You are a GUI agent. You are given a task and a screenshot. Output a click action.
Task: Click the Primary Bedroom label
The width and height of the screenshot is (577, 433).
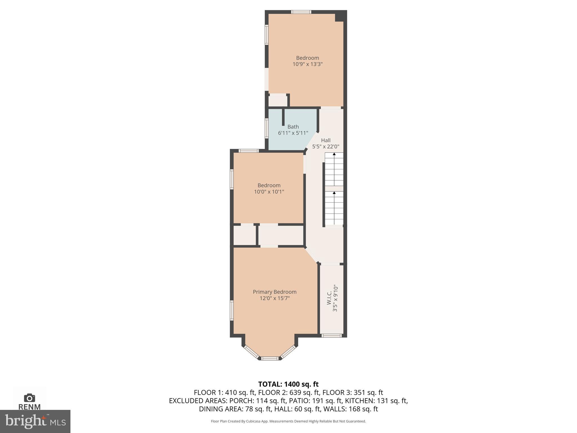tap(274, 292)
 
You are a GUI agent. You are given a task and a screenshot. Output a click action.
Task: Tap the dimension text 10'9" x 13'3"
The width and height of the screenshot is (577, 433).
tap(307, 64)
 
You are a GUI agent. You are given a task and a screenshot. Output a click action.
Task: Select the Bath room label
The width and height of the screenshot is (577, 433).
tap(293, 127)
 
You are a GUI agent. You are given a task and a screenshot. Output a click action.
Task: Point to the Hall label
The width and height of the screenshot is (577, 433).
tap(326, 140)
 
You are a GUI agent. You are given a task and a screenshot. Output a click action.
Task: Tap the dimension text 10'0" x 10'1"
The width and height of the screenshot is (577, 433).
tap(269, 192)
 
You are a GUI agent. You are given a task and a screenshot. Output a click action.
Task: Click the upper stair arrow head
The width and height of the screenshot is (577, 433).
tap(334, 154)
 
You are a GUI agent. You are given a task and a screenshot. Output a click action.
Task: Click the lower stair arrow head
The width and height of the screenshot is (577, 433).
tap(334, 193)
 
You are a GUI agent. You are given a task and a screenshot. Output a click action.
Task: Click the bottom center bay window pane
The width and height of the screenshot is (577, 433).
tap(270, 358)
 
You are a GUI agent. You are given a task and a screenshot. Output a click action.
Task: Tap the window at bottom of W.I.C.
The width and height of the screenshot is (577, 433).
tap(332, 335)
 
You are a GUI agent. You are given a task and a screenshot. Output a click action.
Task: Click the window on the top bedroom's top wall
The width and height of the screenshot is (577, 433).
tap(301, 12)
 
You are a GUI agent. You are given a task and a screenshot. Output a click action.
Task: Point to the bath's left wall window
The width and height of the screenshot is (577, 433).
tap(267, 128)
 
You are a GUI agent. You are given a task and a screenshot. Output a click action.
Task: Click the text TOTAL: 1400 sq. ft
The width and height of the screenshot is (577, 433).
tap(288, 384)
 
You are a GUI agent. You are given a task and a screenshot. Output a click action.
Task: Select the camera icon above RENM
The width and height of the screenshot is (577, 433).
tap(30, 398)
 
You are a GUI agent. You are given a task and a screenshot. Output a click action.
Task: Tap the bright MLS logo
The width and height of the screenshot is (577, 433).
tap(35, 421)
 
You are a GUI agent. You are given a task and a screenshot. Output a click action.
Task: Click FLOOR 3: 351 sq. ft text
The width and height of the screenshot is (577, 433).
tap(353, 392)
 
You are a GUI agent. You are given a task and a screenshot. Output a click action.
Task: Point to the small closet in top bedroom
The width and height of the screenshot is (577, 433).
tap(278, 101)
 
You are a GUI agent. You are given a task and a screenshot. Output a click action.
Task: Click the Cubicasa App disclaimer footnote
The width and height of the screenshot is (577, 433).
tap(288, 421)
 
